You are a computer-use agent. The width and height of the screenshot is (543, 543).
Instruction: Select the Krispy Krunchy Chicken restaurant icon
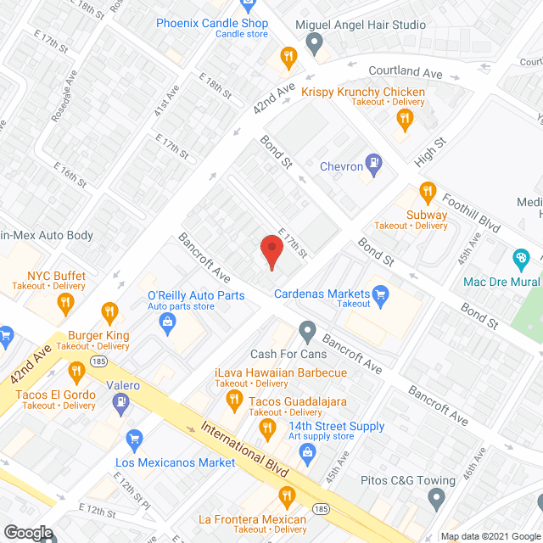(x=404, y=120)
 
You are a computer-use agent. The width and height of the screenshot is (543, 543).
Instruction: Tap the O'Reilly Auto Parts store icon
(x=168, y=321)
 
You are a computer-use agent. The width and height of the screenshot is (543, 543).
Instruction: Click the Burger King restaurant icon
(x=109, y=313)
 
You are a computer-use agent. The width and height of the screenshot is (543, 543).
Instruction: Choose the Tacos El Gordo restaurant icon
(x=76, y=370)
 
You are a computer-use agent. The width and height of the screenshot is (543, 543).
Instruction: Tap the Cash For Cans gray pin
(x=307, y=330)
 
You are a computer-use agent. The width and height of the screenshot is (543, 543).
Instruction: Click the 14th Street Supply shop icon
(x=307, y=450)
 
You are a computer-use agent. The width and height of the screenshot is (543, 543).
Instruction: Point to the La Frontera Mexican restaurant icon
(x=287, y=496)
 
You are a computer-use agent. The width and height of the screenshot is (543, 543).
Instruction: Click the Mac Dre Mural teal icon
(x=521, y=259)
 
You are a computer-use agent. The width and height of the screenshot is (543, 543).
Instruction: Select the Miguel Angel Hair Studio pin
(x=314, y=42)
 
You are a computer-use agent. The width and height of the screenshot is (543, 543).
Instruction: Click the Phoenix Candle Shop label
(x=211, y=24)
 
